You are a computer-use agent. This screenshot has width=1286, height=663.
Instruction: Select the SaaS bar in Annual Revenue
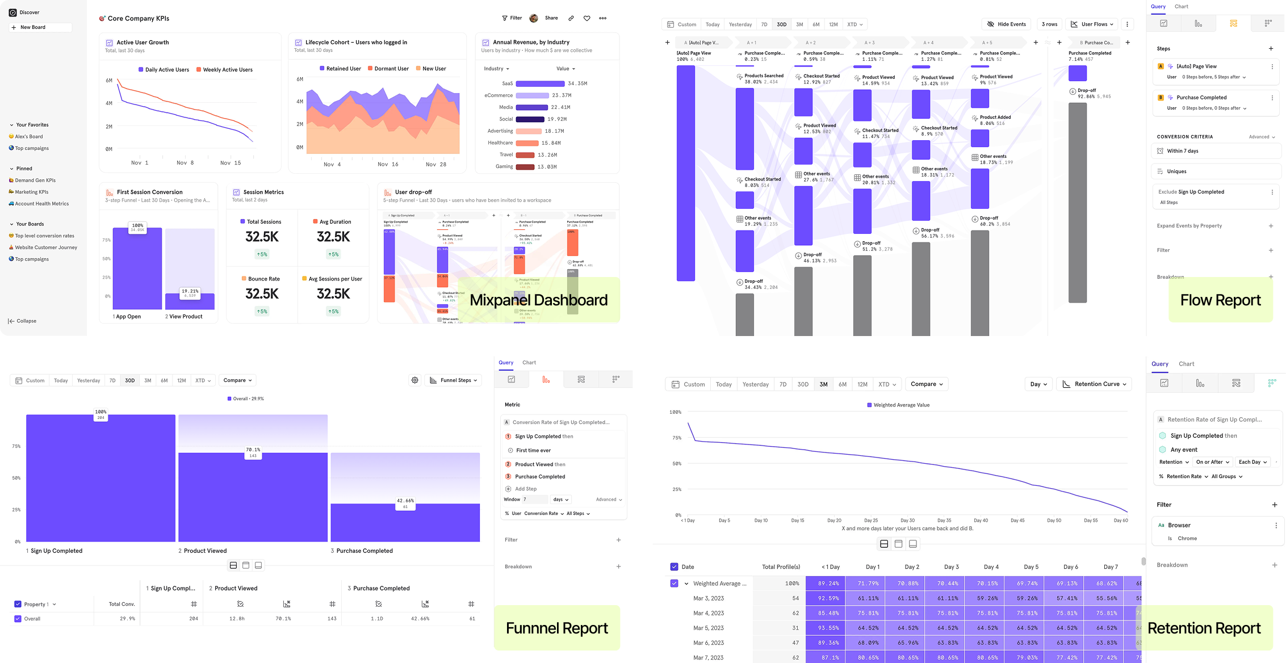tap(540, 83)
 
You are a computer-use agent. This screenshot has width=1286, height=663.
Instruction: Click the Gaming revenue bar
tap(525, 167)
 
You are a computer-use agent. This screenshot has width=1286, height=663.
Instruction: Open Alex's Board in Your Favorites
tap(28, 137)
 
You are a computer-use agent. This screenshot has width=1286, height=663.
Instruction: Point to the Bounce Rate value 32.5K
tap(262, 294)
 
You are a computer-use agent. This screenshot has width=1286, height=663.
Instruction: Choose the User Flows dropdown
tap(1092, 24)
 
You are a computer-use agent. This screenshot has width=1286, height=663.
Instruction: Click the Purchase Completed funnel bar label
tap(364, 551)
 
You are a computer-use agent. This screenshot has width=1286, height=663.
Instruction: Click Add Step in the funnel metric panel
tap(525, 489)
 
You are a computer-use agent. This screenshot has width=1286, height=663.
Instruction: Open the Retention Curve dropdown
tap(1094, 384)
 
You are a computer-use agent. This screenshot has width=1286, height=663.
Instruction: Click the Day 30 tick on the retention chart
tap(907, 521)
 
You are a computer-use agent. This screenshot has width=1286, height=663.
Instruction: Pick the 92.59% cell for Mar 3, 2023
tap(825, 598)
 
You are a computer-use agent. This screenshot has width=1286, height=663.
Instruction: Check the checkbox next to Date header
tap(674, 567)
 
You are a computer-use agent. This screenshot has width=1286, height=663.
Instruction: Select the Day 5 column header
tap(1031, 567)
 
